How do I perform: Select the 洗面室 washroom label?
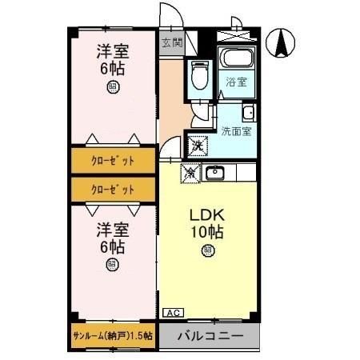click(237, 130)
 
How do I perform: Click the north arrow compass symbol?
click(282, 42)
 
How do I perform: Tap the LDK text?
click(206, 217)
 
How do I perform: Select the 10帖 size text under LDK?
click(206, 234)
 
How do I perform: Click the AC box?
click(171, 313)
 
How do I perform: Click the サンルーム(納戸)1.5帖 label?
click(112, 335)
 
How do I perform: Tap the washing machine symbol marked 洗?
click(197, 146)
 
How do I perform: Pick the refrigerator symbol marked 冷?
click(190, 171)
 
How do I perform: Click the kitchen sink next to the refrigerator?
click(214, 172)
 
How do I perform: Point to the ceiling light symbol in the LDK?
click(207, 251)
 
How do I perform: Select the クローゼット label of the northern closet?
click(112, 160)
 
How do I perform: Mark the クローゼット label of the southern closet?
click(112, 190)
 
